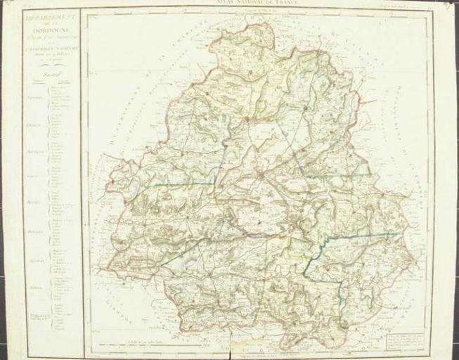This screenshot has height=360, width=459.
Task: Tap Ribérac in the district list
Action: click(34, 288)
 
